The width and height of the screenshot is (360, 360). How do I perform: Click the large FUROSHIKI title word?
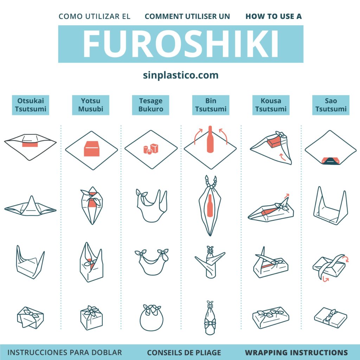[x=180, y=44]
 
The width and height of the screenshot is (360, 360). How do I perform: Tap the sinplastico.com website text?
[x=180, y=75]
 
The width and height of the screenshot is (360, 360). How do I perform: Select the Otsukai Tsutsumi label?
[x=31, y=105]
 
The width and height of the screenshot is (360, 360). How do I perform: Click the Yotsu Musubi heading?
[x=91, y=105]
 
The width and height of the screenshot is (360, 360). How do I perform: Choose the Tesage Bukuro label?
[x=150, y=105]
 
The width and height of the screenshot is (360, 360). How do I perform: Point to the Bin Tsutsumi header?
[x=211, y=105]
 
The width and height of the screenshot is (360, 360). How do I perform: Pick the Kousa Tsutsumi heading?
[x=271, y=105]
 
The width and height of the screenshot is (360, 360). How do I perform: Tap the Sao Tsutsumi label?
[x=331, y=105]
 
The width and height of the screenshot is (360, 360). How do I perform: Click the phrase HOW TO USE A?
[x=274, y=16]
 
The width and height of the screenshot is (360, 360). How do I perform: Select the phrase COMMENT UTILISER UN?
[x=187, y=16]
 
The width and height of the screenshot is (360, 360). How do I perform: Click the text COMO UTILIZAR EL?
[x=94, y=16]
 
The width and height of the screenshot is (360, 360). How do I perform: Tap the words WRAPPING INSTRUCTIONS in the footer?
[x=296, y=352]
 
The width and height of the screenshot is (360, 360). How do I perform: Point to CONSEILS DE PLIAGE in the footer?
[x=184, y=352]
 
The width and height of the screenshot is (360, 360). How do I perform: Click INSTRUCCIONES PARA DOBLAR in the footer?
[x=65, y=352]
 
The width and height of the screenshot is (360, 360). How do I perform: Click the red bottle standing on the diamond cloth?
[x=210, y=139]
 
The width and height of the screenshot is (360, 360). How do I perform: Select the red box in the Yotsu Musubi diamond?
[x=92, y=149]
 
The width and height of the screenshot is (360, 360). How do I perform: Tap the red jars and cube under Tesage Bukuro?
[x=151, y=149]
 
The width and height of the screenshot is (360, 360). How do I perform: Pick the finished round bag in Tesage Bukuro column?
[x=152, y=317]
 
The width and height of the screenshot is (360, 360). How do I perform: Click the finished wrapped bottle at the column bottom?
[x=210, y=317]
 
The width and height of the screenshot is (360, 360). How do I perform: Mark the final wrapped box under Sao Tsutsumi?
[x=330, y=317]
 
